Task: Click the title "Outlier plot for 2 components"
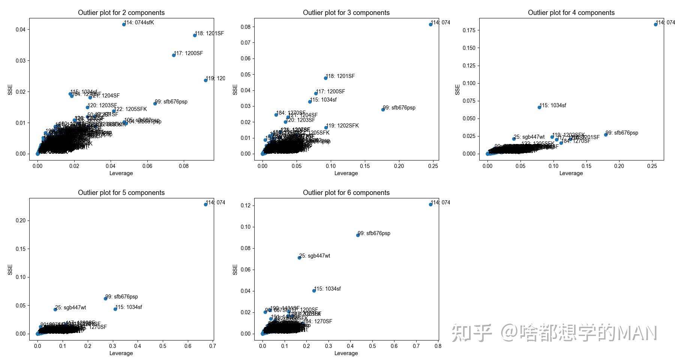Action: pos(121,13)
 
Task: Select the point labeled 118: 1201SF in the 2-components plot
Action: pos(195,35)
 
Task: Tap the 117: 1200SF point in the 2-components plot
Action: pos(174,55)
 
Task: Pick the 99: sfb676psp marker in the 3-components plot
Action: pos(383,109)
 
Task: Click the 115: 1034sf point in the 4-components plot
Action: pos(539,107)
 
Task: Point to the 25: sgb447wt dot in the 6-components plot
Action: pos(299,258)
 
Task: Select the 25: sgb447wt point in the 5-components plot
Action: pos(55,309)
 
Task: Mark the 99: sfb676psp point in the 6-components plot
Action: pos(358,235)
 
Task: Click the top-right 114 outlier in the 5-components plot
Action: pos(205,204)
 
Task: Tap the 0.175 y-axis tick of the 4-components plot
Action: pos(469,30)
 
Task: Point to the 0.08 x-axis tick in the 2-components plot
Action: pos(184,166)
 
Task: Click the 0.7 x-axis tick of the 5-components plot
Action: pos(213,346)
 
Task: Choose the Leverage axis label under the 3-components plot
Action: pos(346,173)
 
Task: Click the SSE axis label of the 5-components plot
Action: pos(10,269)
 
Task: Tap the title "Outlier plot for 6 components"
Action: pos(346,193)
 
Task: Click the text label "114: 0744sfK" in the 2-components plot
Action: pos(139,22)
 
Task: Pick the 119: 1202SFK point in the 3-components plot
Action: pos(326,127)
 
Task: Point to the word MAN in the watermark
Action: pos(637,333)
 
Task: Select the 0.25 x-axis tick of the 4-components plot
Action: pos(652,166)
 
